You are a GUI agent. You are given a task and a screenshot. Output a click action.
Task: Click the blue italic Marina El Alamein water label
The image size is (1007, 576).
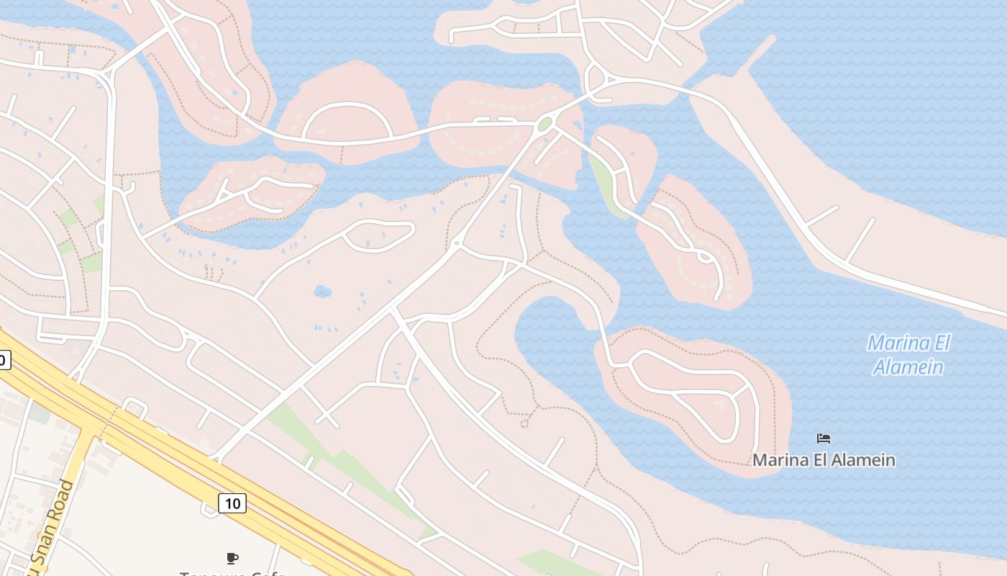click(908, 354)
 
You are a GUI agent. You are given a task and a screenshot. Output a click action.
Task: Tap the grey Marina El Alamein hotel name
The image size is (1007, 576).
click(824, 459)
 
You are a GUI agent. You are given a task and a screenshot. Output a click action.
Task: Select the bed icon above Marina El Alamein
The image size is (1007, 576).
click(824, 438)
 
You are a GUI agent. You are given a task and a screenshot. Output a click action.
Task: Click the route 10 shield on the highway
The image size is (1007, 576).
click(232, 503)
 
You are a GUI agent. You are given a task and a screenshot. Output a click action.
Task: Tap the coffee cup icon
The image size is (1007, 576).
click(232, 557)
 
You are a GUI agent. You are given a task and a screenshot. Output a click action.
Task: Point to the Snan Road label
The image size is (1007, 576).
click(50, 526)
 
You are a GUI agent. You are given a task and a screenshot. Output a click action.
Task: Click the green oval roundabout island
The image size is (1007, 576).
click(544, 124)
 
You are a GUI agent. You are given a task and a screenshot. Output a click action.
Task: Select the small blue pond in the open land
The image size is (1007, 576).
click(322, 292)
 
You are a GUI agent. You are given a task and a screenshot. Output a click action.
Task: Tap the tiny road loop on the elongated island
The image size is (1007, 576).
click(704, 256)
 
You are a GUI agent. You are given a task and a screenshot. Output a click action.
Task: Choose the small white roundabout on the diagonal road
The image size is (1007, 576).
click(456, 243)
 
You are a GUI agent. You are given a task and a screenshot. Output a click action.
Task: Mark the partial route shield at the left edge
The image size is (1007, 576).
click(4, 360)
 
